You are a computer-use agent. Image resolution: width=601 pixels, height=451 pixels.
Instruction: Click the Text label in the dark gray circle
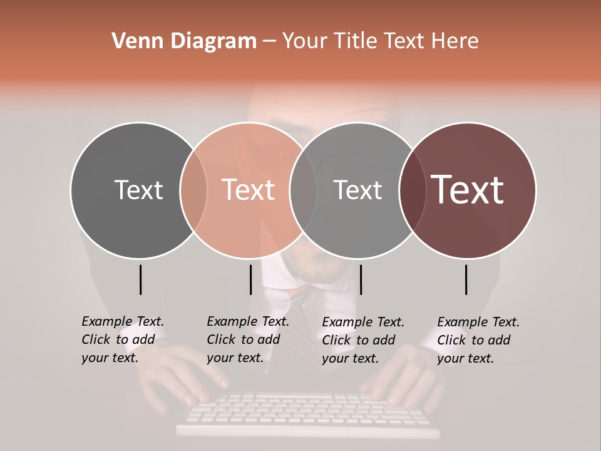(x=138, y=190)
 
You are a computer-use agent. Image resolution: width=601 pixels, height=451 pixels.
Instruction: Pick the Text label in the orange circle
(x=249, y=190)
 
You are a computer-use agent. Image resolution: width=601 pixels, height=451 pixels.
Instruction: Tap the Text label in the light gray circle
(x=357, y=190)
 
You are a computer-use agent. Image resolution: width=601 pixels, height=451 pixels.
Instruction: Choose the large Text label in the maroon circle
(x=468, y=190)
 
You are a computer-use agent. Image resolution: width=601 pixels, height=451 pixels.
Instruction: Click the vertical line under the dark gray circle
(x=140, y=279)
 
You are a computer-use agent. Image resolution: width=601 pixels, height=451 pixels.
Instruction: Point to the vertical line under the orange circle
(x=250, y=279)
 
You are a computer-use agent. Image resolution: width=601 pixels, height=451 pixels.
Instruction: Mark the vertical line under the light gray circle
(x=361, y=279)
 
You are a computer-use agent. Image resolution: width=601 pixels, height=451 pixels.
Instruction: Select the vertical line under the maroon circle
(x=466, y=279)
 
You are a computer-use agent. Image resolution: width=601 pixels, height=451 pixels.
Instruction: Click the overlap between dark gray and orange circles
(x=193, y=190)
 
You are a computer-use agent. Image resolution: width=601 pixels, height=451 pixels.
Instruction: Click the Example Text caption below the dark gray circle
(x=123, y=340)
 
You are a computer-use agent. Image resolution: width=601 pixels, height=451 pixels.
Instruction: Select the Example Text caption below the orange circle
(x=248, y=340)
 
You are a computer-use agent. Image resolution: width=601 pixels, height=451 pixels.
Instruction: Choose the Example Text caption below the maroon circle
(x=478, y=340)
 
